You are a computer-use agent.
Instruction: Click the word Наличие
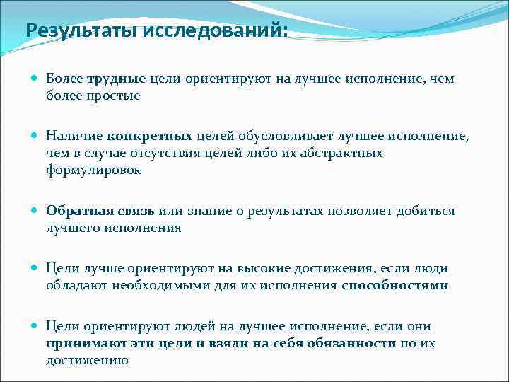[74, 136]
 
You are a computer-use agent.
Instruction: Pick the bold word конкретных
[151, 136]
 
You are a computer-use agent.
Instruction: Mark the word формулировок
[94, 170]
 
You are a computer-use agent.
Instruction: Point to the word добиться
[428, 211]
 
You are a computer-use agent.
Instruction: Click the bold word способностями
[394, 286]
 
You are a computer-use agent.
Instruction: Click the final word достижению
[87, 360]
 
